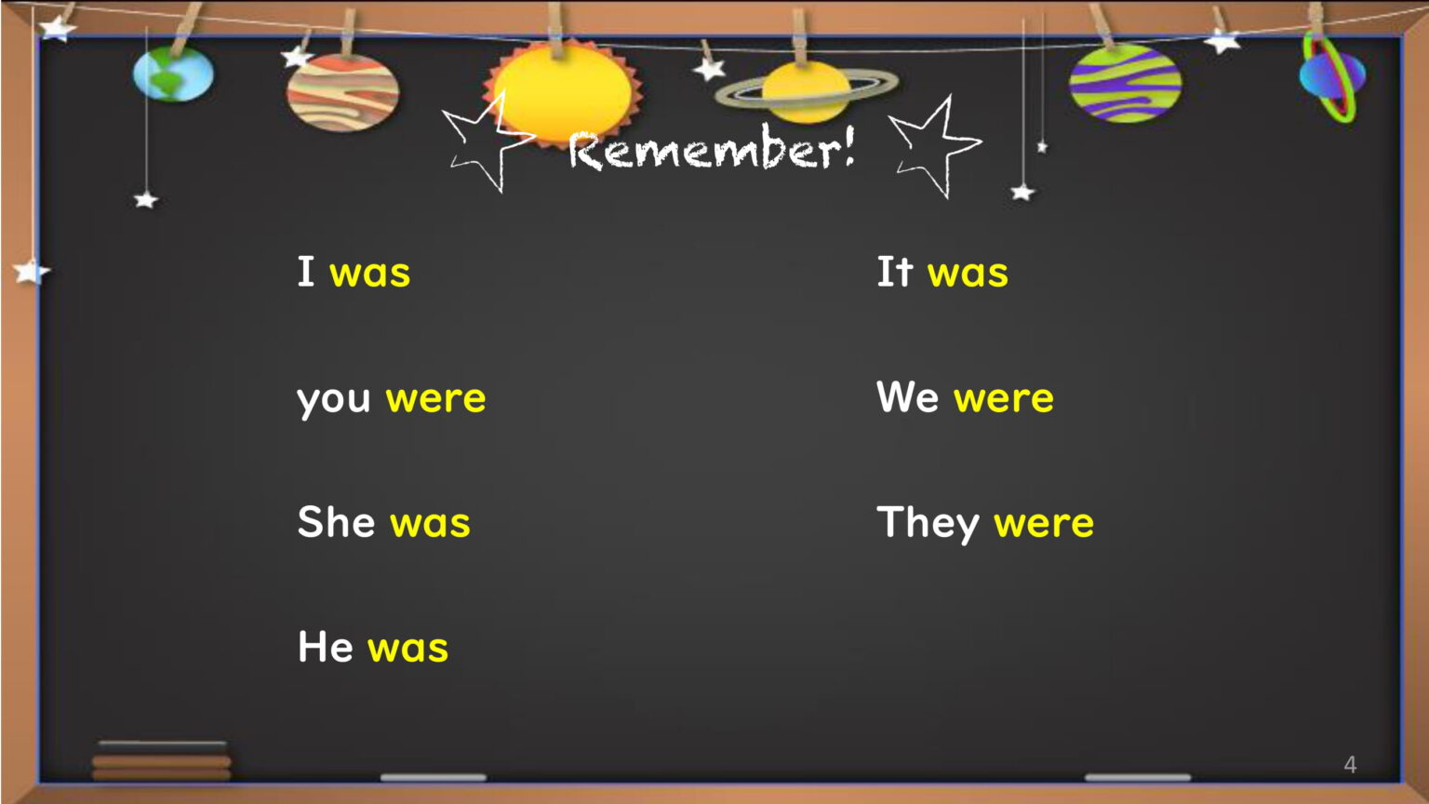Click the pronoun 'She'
pyautogui.click(x=336, y=522)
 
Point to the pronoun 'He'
pyautogui.click(x=326, y=647)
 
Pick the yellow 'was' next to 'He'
pyautogui.click(x=408, y=650)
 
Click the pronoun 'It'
pyautogui.click(x=895, y=272)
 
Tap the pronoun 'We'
pyautogui.click(x=908, y=397)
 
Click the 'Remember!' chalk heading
pyautogui.click(x=712, y=149)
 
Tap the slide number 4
pyautogui.click(x=1350, y=764)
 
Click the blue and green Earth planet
pyautogui.click(x=174, y=74)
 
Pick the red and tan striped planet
pyautogui.click(x=343, y=93)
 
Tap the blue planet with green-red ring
pyautogui.click(x=1332, y=76)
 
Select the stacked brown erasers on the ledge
pyautogui.click(x=161, y=761)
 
